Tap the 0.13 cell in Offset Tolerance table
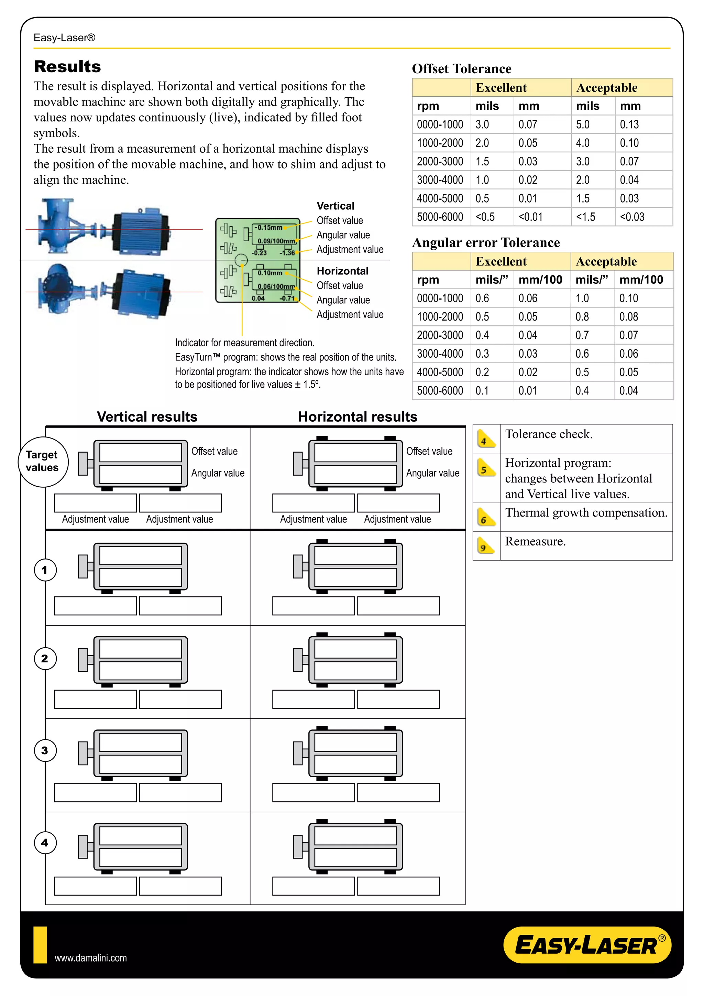click(x=629, y=125)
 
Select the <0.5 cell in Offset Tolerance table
click(x=485, y=217)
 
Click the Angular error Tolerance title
click(x=485, y=242)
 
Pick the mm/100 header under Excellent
click(x=540, y=280)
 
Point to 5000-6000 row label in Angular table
click(x=440, y=391)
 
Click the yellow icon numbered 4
click(x=485, y=439)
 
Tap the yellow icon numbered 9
click(x=485, y=546)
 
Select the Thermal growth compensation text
click(x=586, y=513)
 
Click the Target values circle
click(x=43, y=462)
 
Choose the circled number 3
click(x=45, y=751)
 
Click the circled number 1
click(x=45, y=570)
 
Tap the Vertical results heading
click(x=147, y=417)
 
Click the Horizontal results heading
click(x=357, y=417)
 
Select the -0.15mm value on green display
click(x=268, y=227)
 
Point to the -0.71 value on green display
click(x=287, y=299)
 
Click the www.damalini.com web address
click(x=91, y=958)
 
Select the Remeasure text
click(x=535, y=541)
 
